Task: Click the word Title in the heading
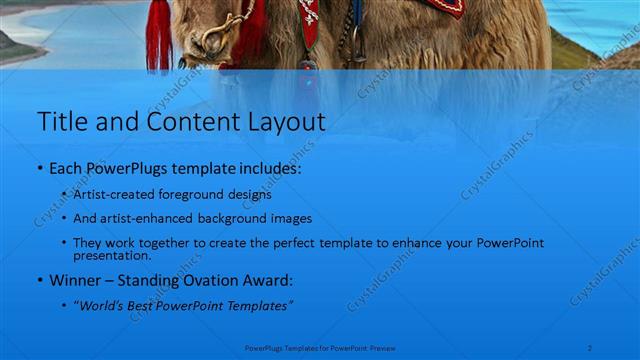pos(61,123)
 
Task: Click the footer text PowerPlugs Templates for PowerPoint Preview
pos(319,349)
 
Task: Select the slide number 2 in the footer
pos(590,348)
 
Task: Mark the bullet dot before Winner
pos(41,281)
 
